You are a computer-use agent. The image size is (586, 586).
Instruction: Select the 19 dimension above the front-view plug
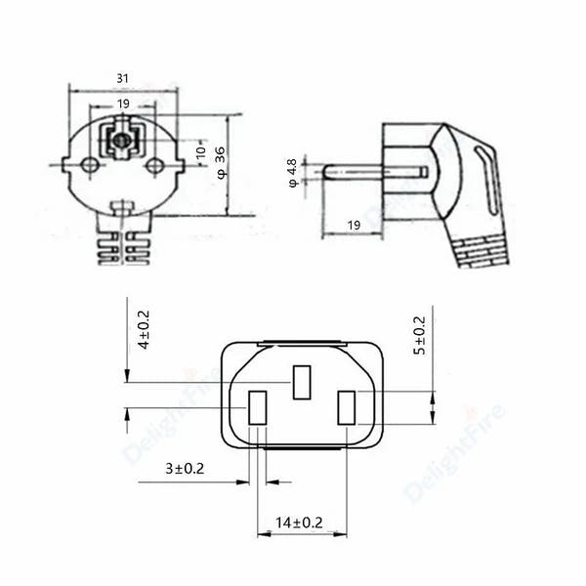point(122,103)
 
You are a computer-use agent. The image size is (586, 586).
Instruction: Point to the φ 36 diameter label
point(223,165)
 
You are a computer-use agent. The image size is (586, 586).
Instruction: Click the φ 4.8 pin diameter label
point(292,172)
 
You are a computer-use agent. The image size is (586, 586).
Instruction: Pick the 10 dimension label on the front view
point(201,153)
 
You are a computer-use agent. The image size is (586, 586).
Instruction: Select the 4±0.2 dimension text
point(144,329)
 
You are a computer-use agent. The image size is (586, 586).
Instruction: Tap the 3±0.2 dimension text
point(185,470)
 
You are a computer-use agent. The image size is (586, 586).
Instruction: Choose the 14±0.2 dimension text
point(301,523)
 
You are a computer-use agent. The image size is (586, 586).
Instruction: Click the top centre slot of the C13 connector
point(302,382)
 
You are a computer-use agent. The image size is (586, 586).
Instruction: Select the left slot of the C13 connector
point(258,407)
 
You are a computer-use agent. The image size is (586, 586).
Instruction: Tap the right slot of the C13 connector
point(346,407)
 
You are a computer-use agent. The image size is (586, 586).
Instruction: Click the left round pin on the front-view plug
point(89,166)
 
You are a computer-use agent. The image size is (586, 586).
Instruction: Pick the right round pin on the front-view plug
point(153,166)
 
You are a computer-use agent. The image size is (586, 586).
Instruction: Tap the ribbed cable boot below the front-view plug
point(122,248)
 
